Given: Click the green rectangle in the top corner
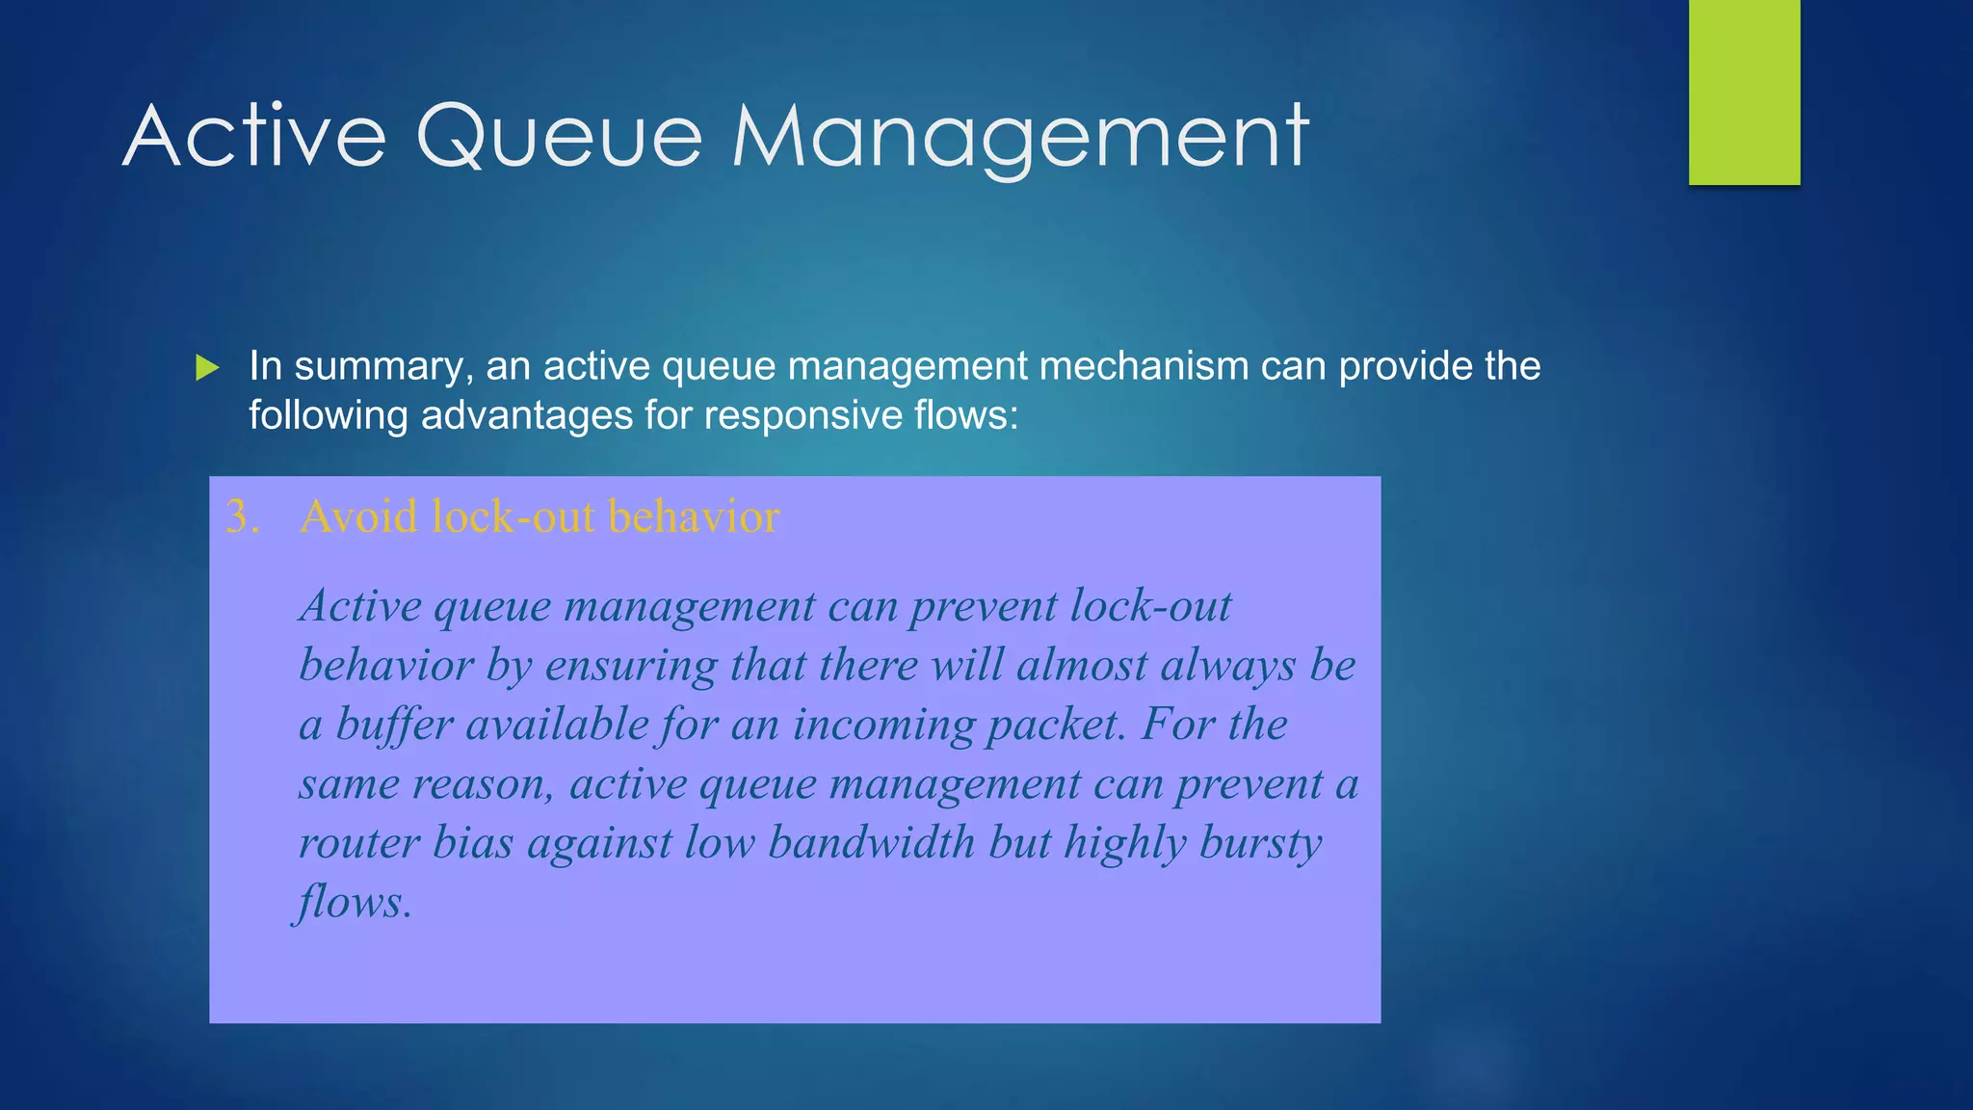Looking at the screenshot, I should click(1744, 92).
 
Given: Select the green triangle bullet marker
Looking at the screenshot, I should click(207, 367).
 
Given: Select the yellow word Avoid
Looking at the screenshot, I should click(359, 516).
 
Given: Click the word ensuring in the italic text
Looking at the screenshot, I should click(631, 666).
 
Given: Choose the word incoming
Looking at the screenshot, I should click(883, 725).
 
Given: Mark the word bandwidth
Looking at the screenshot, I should click(871, 843).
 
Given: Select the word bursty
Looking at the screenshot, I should click(1261, 843).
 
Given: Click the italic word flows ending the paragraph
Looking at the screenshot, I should click(352, 903).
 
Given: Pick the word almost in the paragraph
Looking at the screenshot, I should click(1082, 666).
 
